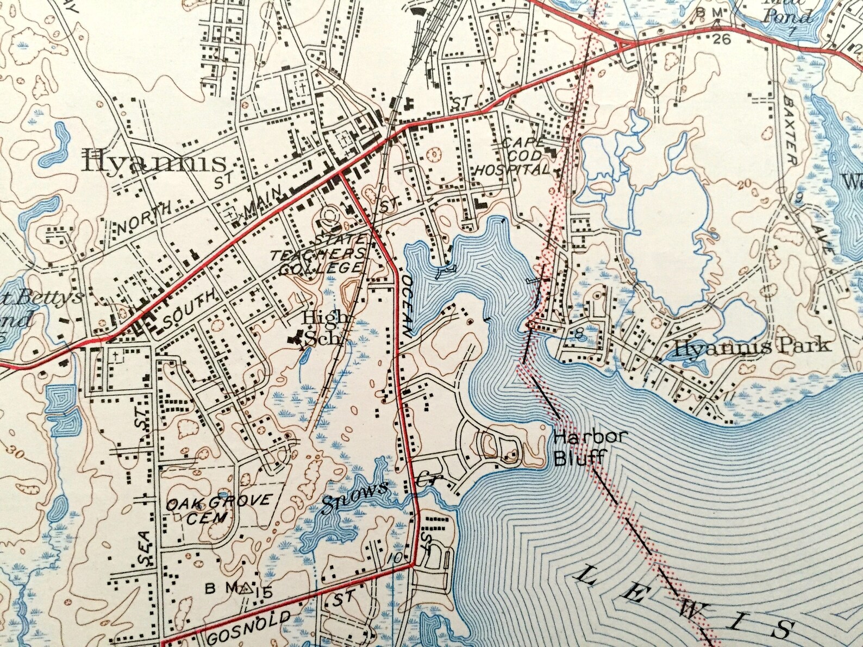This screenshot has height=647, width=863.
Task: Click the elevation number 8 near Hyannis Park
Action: (x=579, y=336)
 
